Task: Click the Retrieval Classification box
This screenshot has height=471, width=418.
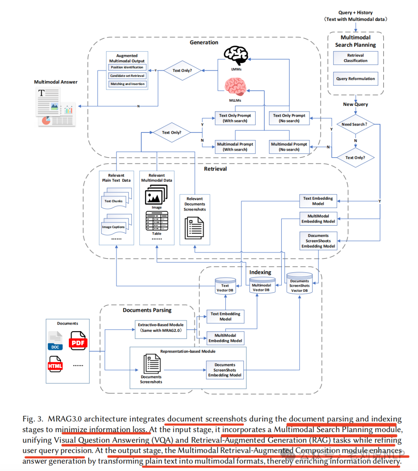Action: pyautogui.click(x=355, y=58)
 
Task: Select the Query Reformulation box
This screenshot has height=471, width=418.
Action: pyautogui.click(x=355, y=78)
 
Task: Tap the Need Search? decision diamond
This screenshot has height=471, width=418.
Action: pyautogui.click(x=355, y=124)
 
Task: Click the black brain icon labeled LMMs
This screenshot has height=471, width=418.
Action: pyautogui.click(x=236, y=56)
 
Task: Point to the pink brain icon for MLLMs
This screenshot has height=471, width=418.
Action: pyautogui.click(x=235, y=87)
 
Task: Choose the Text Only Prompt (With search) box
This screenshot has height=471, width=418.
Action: pyautogui.click(x=235, y=118)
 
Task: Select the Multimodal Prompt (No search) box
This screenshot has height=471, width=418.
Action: pyautogui.click(x=289, y=147)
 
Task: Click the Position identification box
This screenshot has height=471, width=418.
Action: pyautogui.click(x=127, y=67)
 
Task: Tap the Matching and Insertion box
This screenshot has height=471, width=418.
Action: pyautogui.click(x=127, y=84)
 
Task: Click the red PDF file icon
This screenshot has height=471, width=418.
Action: pyautogui.click(x=78, y=341)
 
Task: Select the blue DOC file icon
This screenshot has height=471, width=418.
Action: pyautogui.click(x=55, y=341)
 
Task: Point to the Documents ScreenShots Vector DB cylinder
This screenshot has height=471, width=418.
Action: pyautogui.click(x=299, y=284)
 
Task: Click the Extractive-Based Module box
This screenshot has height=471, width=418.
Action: pyautogui.click(x=161, y=328)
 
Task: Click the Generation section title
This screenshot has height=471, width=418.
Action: pyautogui.click(x=204, y=43)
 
